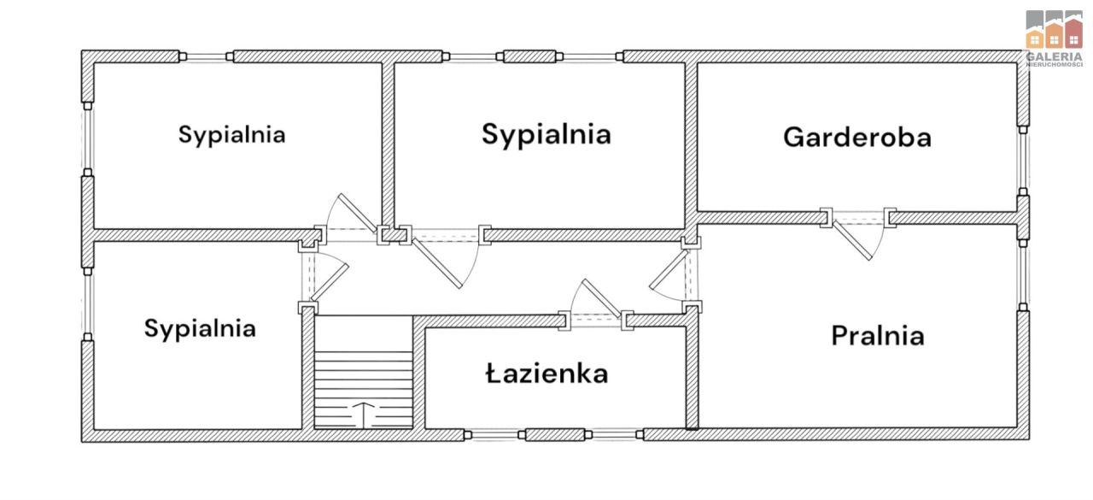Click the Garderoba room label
pyautogui.click(x=856, y=137)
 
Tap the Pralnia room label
pyautogui.click(x=877, y=335)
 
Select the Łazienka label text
pyautogui.click(x=546, y=374)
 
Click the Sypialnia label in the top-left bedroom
pyautogui.click(x=231, y=134)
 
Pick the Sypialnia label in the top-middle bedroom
pyautogui.click(x=546, y=133)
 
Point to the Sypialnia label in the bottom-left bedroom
pyautogui.click(x=200, y=328)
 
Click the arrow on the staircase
pyautogui.click(x=364, y=413)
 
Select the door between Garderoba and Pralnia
pyautogui.click(x=858, y=232)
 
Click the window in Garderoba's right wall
pyautogui.click(x=1023, y=162)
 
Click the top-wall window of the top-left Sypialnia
pyautogui.click(x=207, y=56)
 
